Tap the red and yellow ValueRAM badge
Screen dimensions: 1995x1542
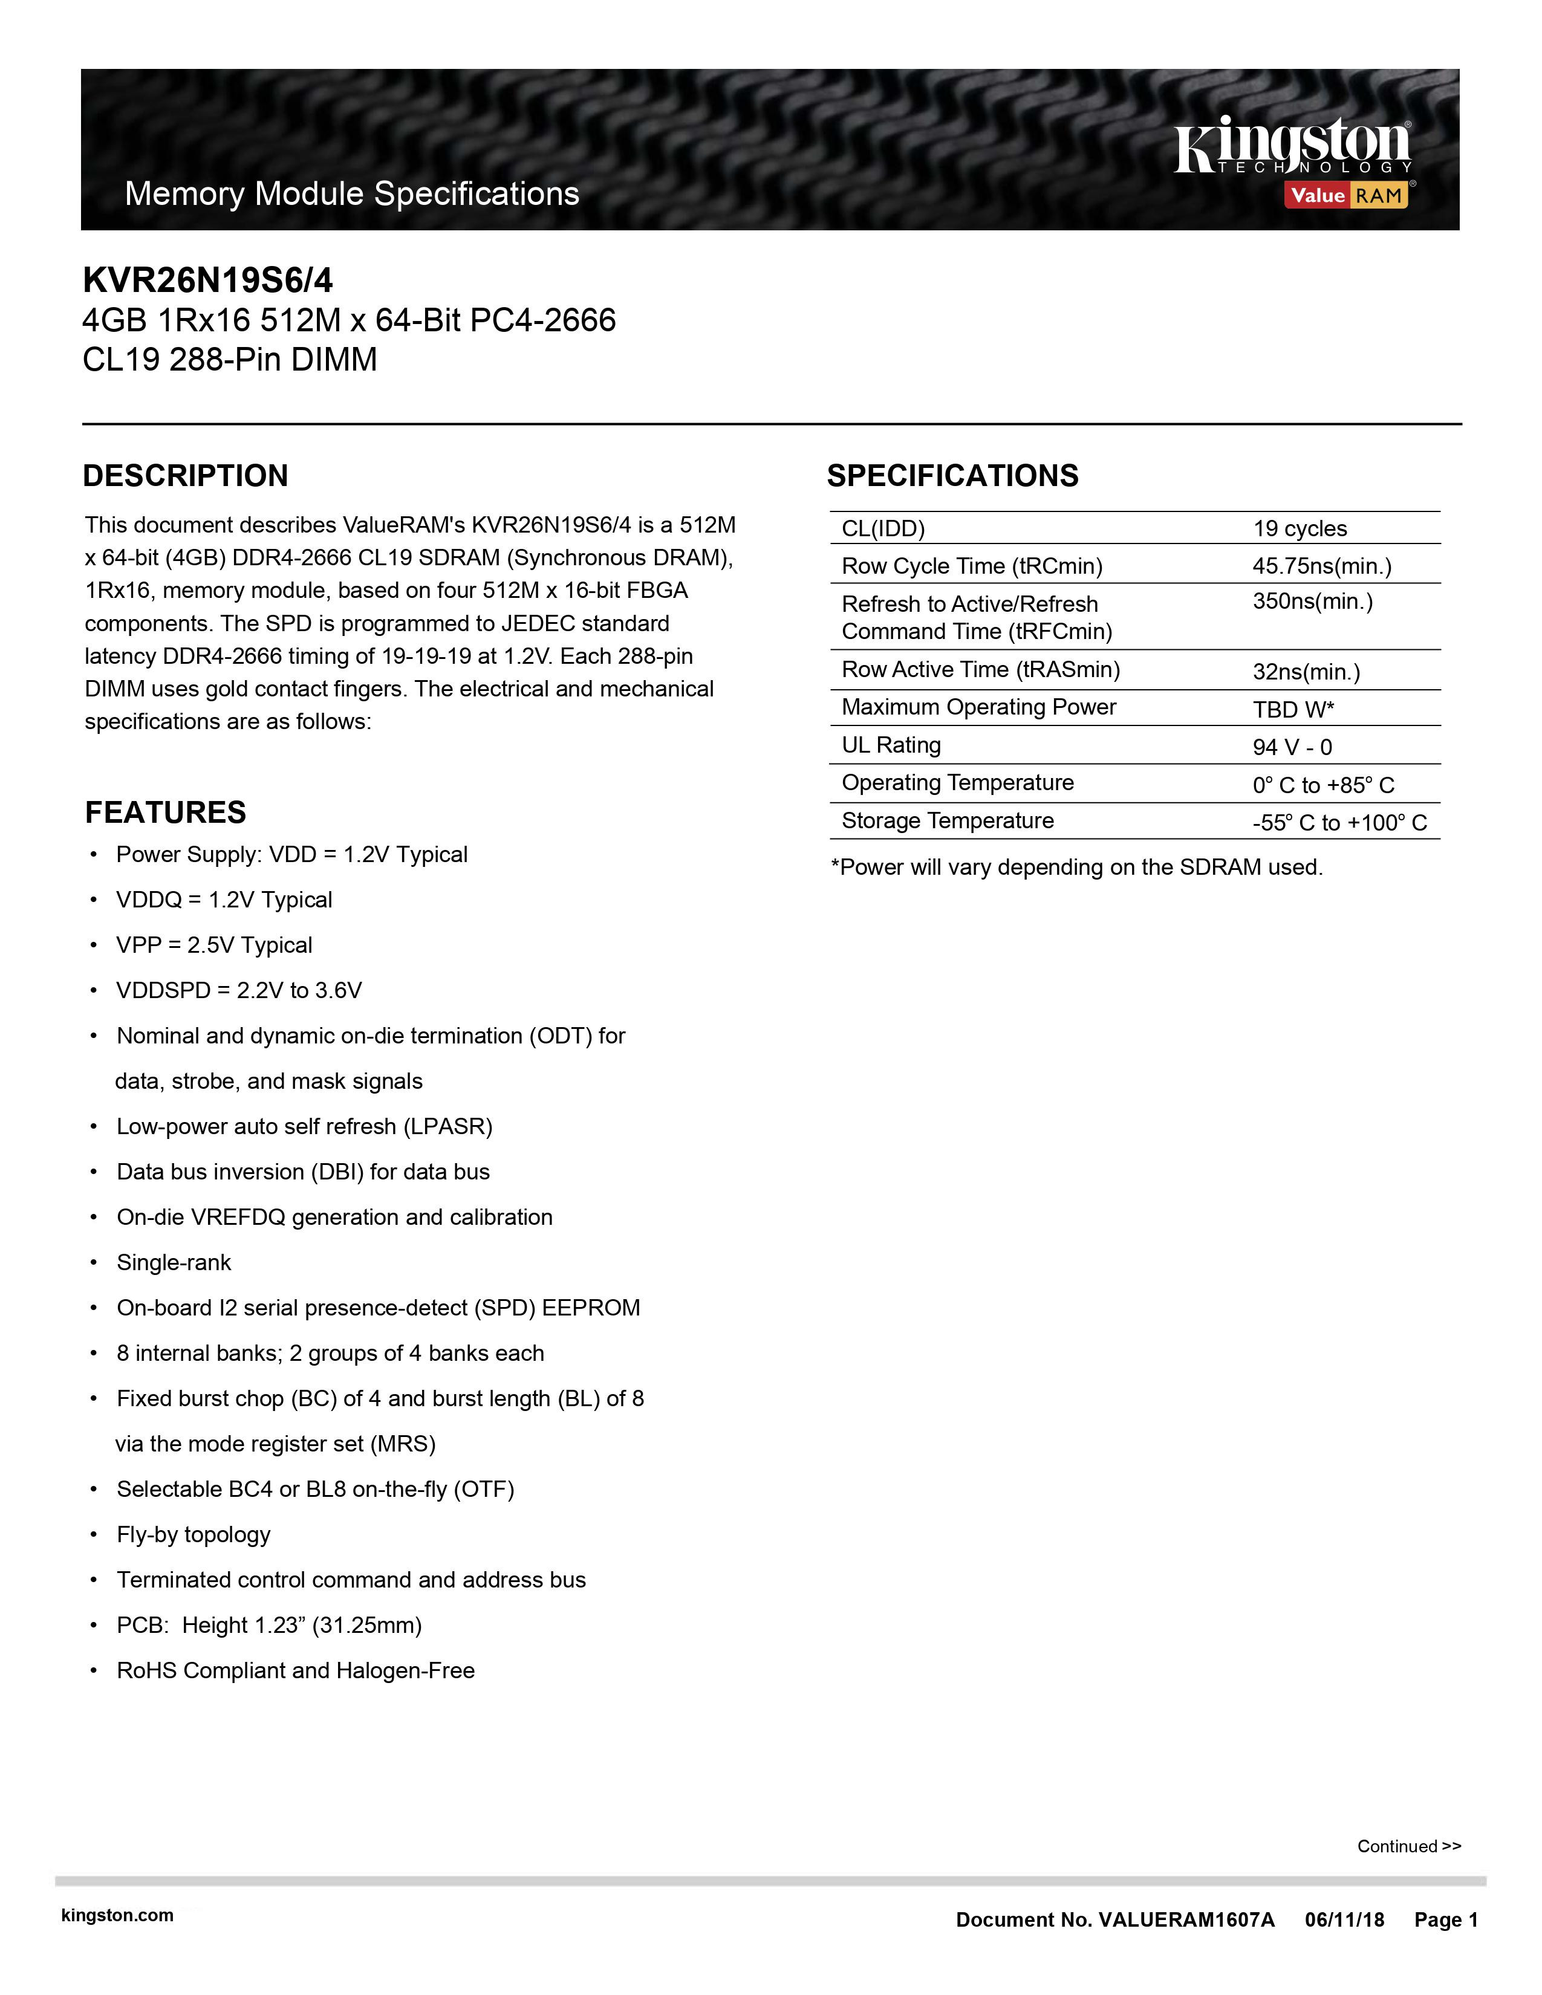pyautogui.click(x=1347, y=195)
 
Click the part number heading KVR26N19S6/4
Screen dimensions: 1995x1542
pyautogui.click(x=207, y=279)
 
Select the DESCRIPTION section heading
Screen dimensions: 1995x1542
pyautogui.click(x=186, y=476)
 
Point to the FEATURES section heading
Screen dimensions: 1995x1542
pyautogui.click(x=165, y=812)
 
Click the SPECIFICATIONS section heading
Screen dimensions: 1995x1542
pyautogui.click(x=952, y=476)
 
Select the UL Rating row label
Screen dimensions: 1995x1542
pyautogui.click(x=891, y=745)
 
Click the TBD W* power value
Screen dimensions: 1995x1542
pyautogui.click(x=1293, y=710)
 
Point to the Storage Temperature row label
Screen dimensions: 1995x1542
pyautogui.click(x=948, y=821)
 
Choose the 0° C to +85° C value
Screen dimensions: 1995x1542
pyautogui.click(x=1322, y=785)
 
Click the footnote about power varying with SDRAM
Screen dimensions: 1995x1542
pyautogui.click(x=1076, y=867)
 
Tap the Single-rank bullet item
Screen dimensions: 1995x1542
pyautogui.click(x=174, y=1262)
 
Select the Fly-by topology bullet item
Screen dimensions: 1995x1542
pyautogui.click(x=193, y=1534)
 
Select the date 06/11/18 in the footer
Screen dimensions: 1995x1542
pyautogui.click(x=1344, y=1920)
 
